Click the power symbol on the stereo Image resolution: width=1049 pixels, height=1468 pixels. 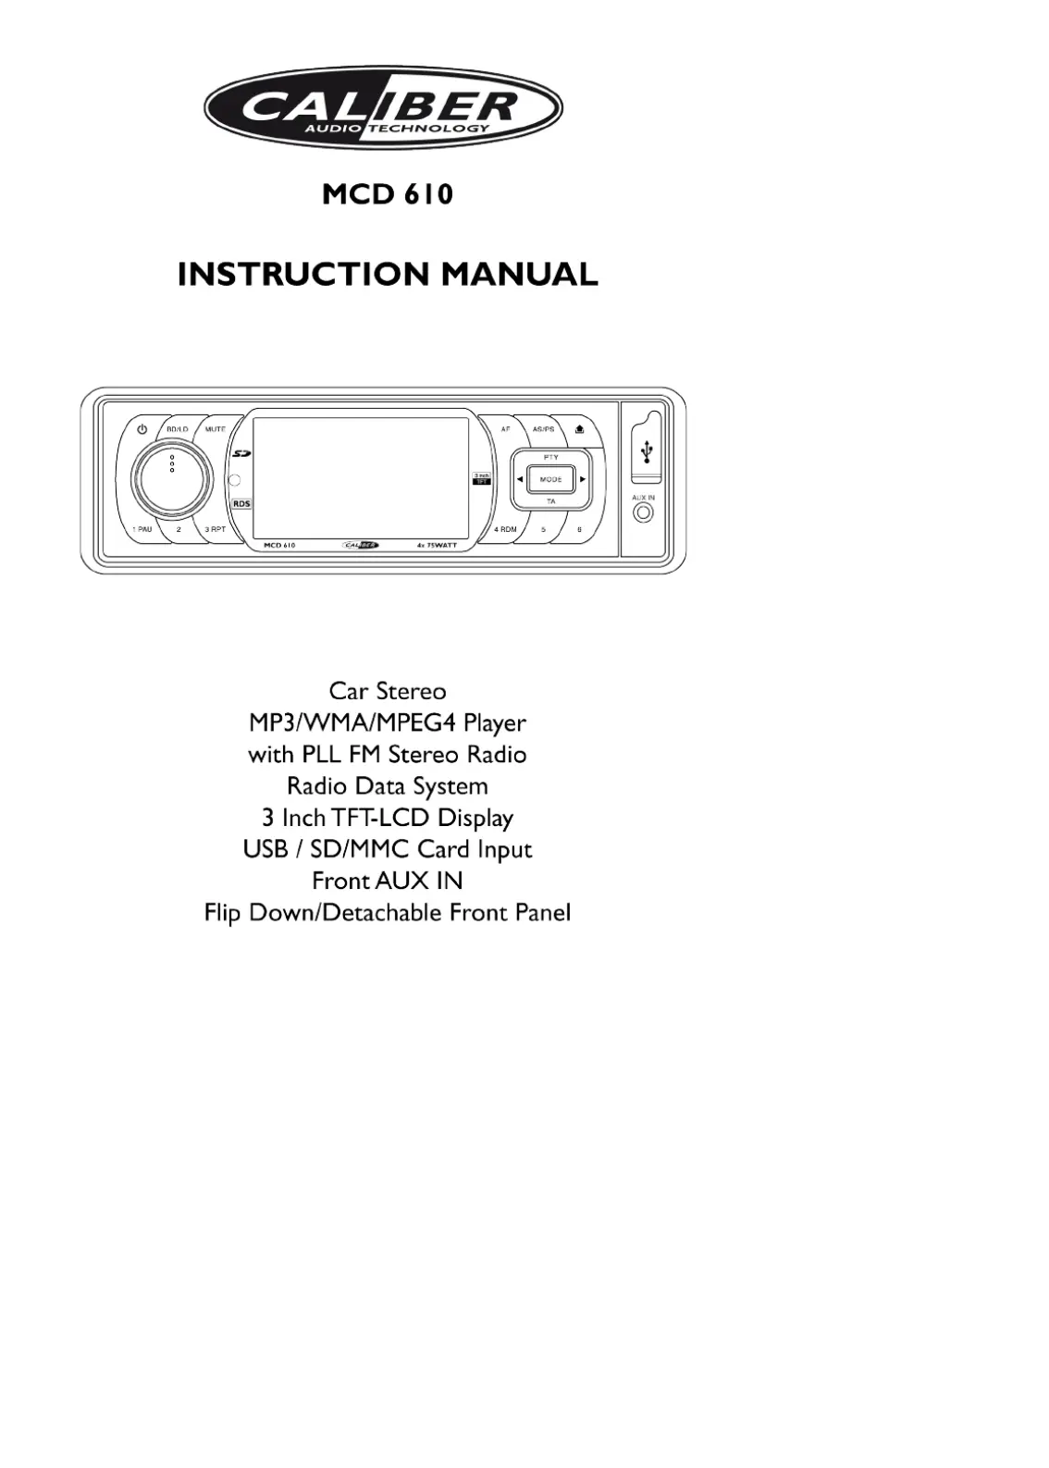pyautogui.click(x=142, y=429)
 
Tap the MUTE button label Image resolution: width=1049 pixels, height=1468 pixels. pyautogui.click(x=216, y=429)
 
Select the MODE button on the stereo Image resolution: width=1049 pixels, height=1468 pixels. pyautogui.click(x=551, y=479)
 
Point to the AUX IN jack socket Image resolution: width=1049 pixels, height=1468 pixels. pyautogui.click(x=643, y=513)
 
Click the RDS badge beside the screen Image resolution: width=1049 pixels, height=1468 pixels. pyautogui.click(x=241, y=503)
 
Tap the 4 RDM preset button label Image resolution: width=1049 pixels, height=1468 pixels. pyautogui.click(x=505, y=529)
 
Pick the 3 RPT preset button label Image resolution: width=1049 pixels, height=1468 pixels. pyautogui.click(x=216, y=529)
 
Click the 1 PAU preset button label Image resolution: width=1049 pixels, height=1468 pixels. pyautogui.click(x=142, y=529)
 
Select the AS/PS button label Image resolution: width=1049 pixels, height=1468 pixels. pyautogui.click(x=543, y=429)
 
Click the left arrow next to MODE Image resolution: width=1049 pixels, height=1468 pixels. pyautogui.click(x=520, y=479)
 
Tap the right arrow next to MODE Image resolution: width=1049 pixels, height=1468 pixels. pyautogui.click(x=583, y=479)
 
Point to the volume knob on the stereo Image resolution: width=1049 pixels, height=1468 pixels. pyautogui.click(x=171, y=477)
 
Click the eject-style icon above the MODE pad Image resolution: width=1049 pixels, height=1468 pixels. pyautogui.click(x=579, y=429)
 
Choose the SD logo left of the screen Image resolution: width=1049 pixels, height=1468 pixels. pyautogui.click(x=241, y=453)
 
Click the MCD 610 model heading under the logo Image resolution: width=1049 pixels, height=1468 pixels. pyautogui.click(x=388, y=194)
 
